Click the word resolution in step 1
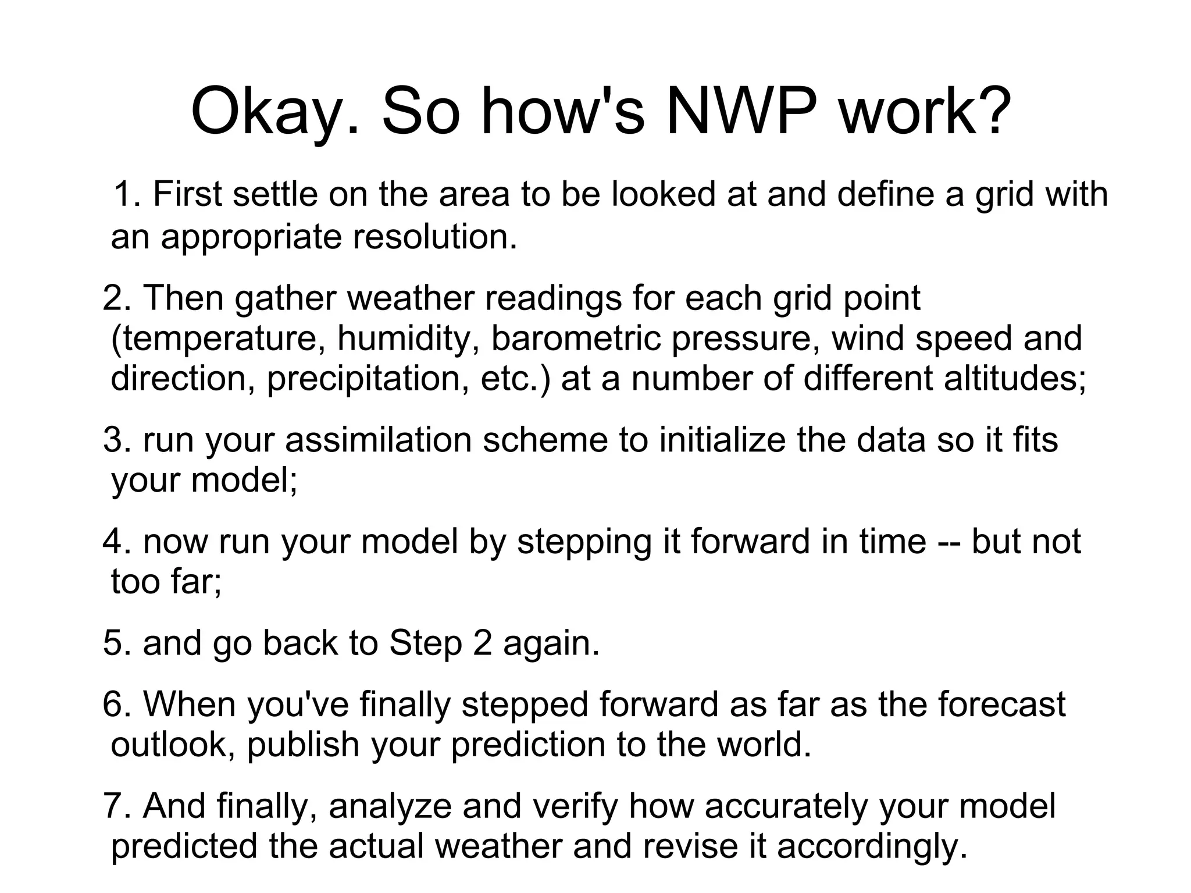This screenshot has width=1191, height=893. [x=435, y=237]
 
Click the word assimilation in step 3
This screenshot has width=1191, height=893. [x=378, y=440]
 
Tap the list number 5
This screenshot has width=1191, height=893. [x=113, y=643]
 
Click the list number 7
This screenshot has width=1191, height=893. [x=113, y=806]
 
